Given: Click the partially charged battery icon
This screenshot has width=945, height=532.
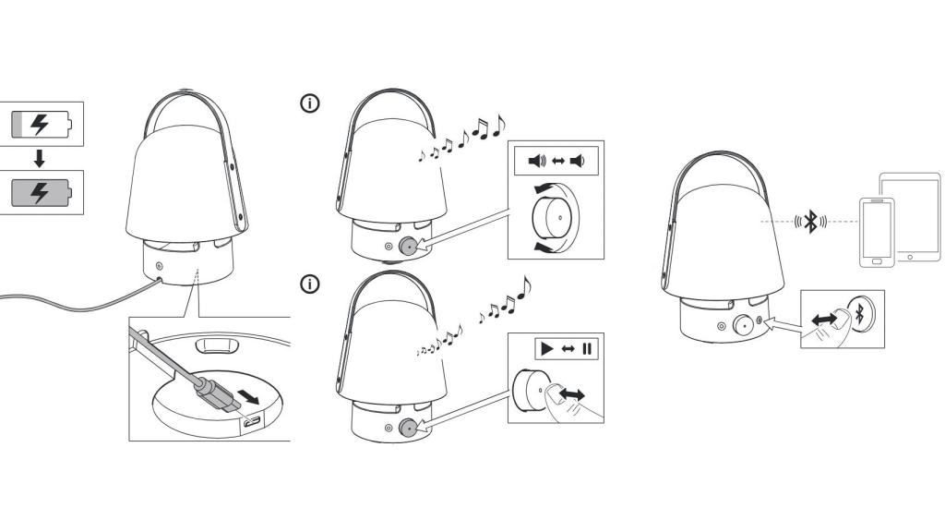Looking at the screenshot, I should (x=40, y=124).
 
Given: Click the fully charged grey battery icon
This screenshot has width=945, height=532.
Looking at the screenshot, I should (x=40, y=193).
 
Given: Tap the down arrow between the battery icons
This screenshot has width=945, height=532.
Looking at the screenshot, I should (x=39, y=158).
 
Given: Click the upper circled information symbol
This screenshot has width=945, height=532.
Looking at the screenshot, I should (x=310, y=103).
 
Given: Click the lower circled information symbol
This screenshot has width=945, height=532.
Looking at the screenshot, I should (x=310, y=284).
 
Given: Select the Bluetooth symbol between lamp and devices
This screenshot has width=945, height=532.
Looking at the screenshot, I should (x=811, y=221).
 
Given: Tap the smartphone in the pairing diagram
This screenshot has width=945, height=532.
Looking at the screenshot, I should (x=877, y=231).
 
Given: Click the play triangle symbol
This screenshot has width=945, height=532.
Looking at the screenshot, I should (x=545, y=349).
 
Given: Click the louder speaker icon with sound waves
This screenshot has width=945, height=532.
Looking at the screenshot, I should (x=536, y=162).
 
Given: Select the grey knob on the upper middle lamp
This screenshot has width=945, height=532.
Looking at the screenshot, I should (x=407, y=246).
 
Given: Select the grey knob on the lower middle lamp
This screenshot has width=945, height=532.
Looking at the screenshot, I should (x=407, y=427).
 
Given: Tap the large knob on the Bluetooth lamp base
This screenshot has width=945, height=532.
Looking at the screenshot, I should (x=740, y=324).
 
